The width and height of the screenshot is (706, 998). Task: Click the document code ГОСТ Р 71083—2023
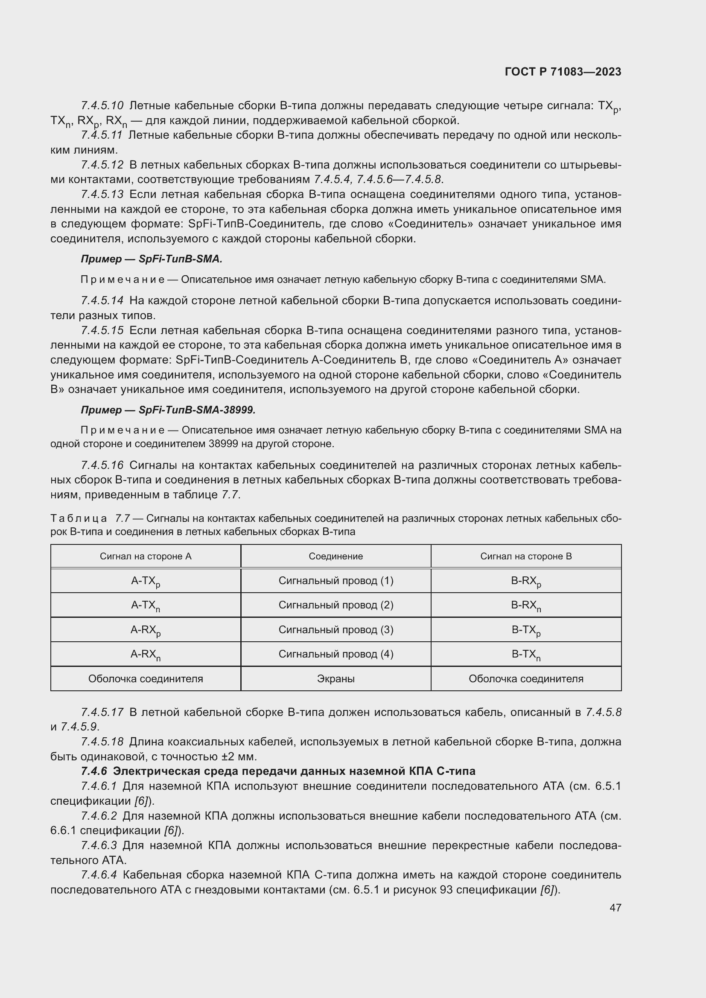(563, 72)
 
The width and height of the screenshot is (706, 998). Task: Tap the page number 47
(615, 908)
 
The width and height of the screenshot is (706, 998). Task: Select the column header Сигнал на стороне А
(146, 556)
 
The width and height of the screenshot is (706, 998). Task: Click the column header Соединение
(335, 556)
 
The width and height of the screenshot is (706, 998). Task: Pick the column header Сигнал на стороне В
(525, 556)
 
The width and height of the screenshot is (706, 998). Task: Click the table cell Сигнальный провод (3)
(335, 630)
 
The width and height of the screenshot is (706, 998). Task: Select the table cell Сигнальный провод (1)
(335, 581)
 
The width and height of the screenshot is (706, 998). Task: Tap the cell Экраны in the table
(335, 678)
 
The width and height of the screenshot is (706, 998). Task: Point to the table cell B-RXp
(525, 581)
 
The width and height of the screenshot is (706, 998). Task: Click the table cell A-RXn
(146, 655)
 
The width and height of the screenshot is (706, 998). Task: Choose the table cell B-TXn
(525, 655)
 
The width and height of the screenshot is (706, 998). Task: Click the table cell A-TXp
(146, 581)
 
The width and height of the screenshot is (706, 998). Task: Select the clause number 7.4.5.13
(102, 194)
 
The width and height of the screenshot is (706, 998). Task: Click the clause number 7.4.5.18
(102, 742)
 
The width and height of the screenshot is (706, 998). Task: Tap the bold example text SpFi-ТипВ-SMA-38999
(197, 410)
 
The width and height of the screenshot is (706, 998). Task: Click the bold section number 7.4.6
(94, 771)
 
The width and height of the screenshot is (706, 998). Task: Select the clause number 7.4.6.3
(99, 845)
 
